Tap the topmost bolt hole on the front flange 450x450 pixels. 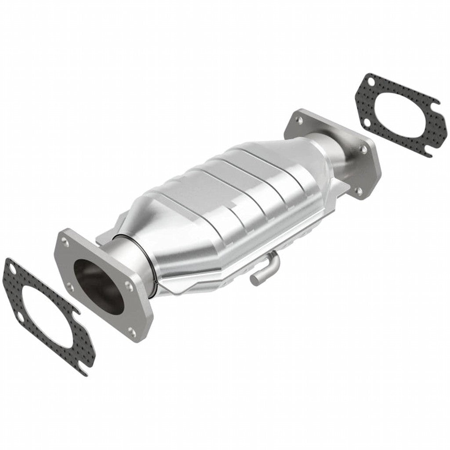(x=65, y=240)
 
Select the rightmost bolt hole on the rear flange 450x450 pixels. (x=363, y=150)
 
